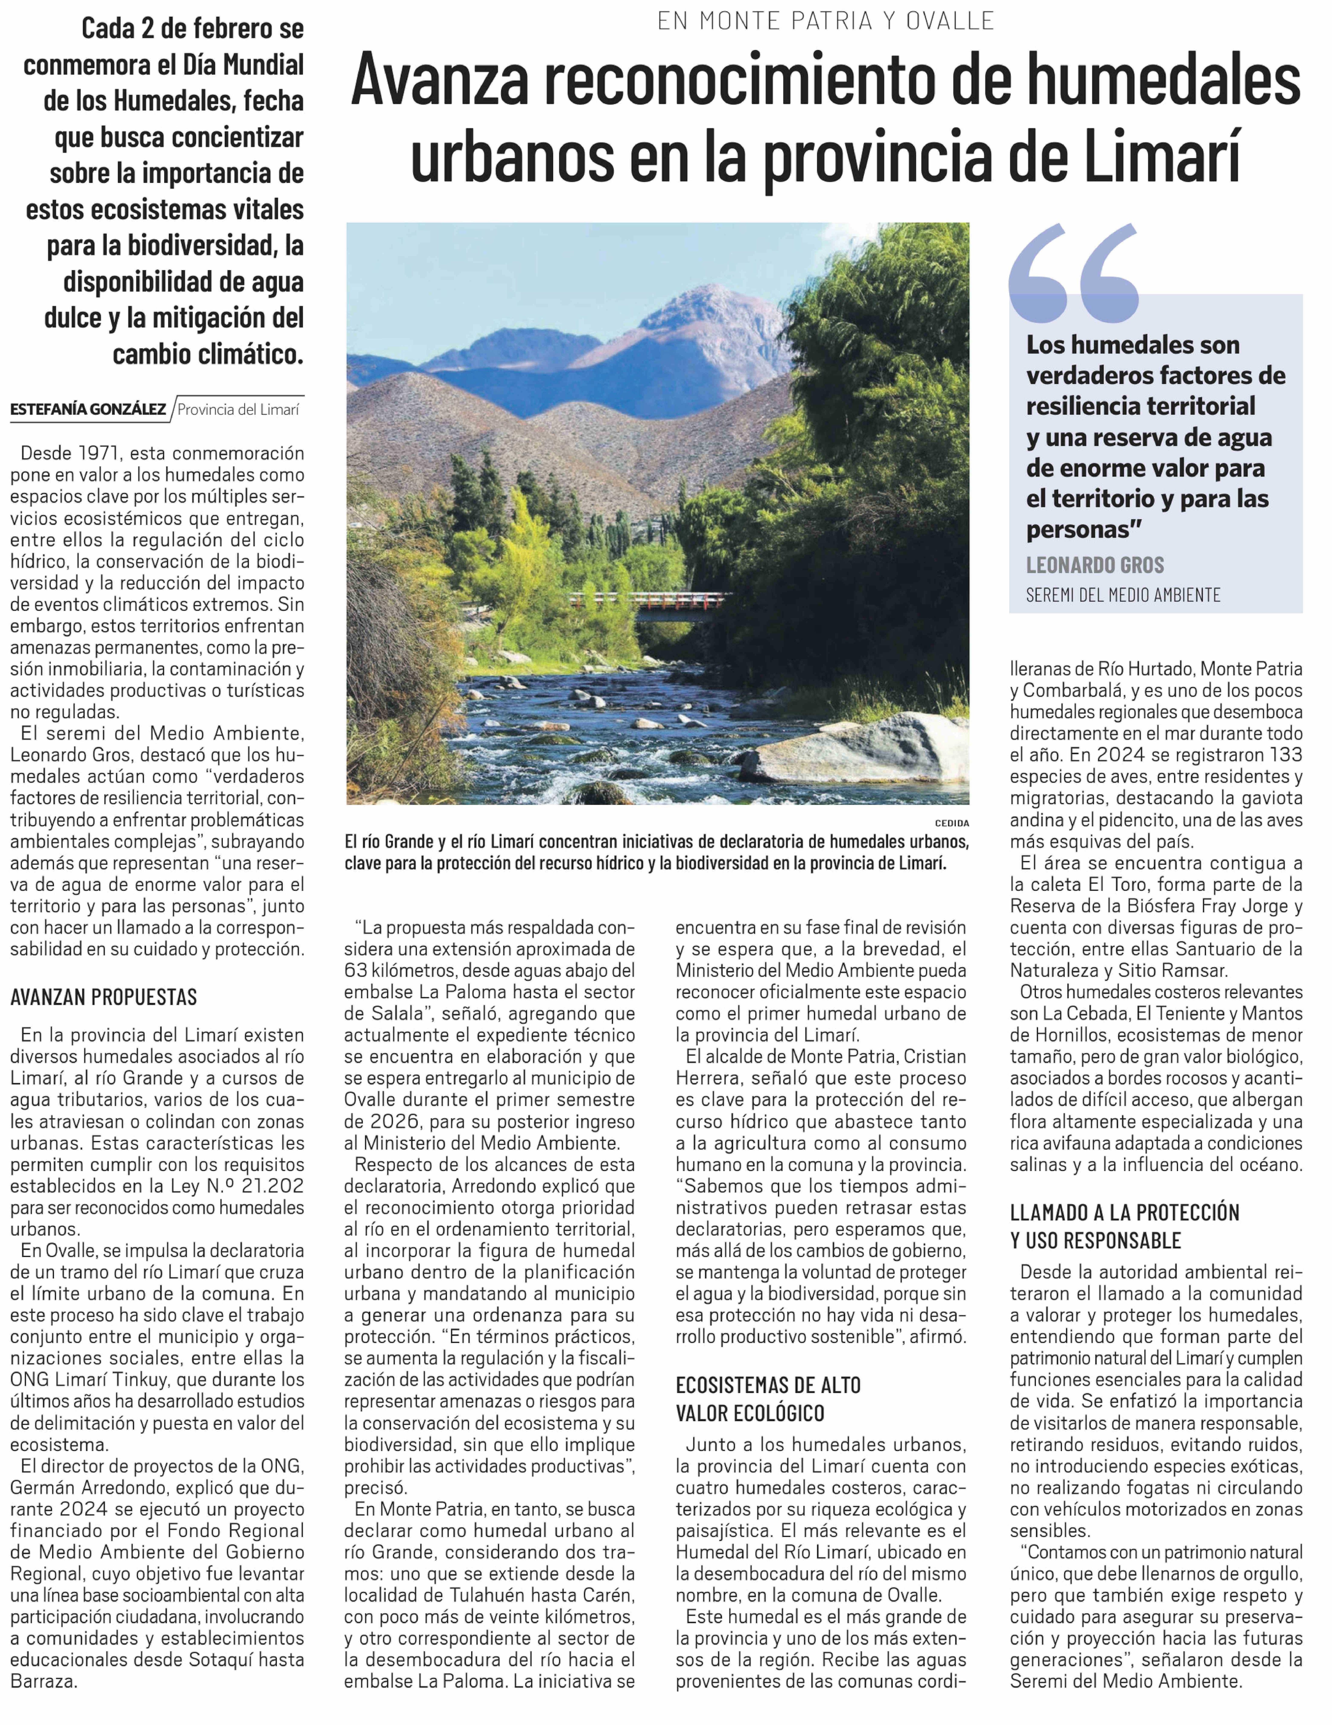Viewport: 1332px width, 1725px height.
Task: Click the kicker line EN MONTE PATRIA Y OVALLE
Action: pyautogui.click(x=826, y=20)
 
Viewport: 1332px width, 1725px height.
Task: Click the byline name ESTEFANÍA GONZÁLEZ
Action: pyautogui.click(x=88, y=409)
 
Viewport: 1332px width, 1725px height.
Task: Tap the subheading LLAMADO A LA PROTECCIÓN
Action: pyautogui.click(x=1124, y=1212)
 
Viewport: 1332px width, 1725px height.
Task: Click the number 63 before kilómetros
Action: pyautogui.click(x=357, y=971)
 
